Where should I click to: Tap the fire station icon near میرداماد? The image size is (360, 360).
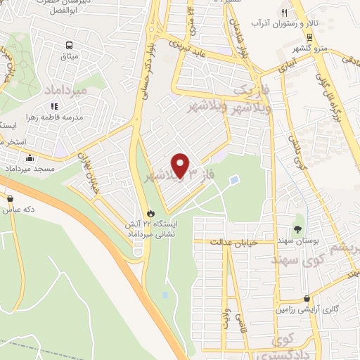[x=150, y=212]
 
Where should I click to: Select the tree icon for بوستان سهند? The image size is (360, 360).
[x=297, y=229]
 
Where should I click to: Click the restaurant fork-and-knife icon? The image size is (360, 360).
[x=284, y=13]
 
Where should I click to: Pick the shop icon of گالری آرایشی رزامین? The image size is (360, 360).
[x=307, y=297]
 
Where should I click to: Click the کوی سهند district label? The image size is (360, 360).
[x=295, y=262]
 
